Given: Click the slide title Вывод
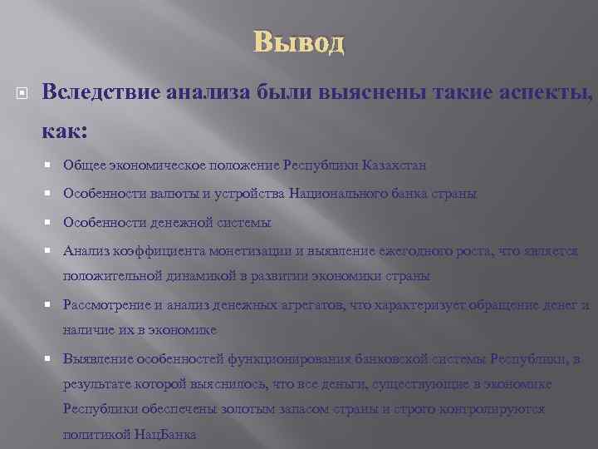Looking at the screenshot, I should point(298,41).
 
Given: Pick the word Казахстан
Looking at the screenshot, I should point(395,165).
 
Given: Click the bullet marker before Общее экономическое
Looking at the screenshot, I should point(52,165).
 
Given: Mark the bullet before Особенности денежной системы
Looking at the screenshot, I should point(52,223).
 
